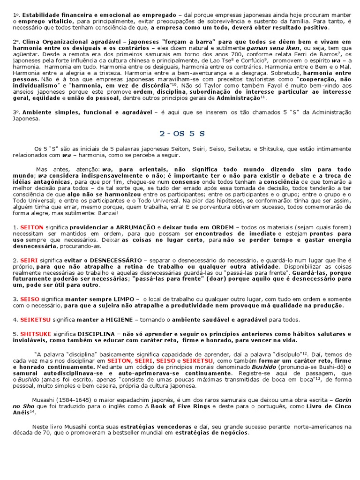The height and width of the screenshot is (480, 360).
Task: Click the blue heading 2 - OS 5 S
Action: click(182, 134)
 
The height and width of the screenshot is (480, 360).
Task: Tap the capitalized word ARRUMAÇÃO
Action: click(133, 227)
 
